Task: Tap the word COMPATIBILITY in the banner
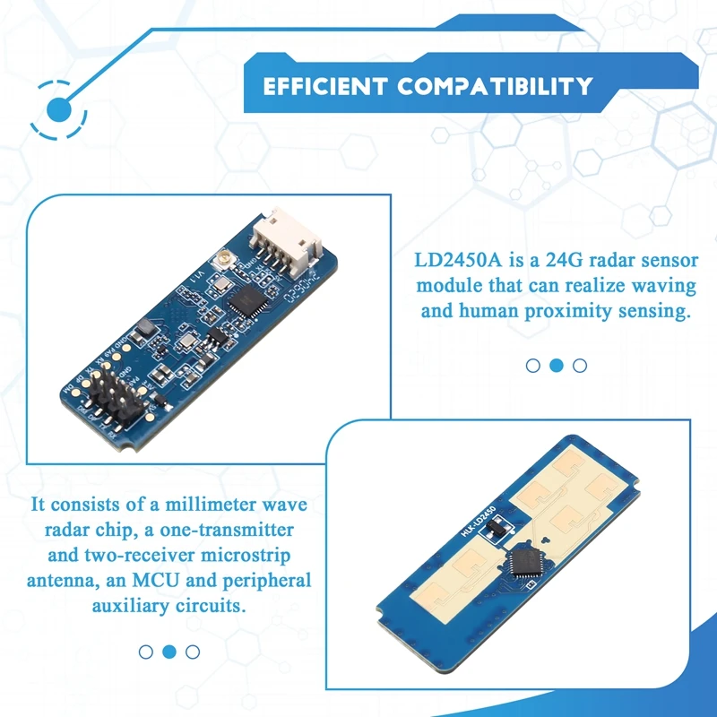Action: pyautogui.click(x=495, y=87)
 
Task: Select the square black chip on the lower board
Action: pyautogui.click(x=522, y=564)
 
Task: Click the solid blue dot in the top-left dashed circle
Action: pyautogui.click(x=59, y=110)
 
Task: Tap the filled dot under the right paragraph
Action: pyautogui.click(x=556, y=365)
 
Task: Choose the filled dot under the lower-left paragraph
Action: pyautogui.click(x=169, y=652)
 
